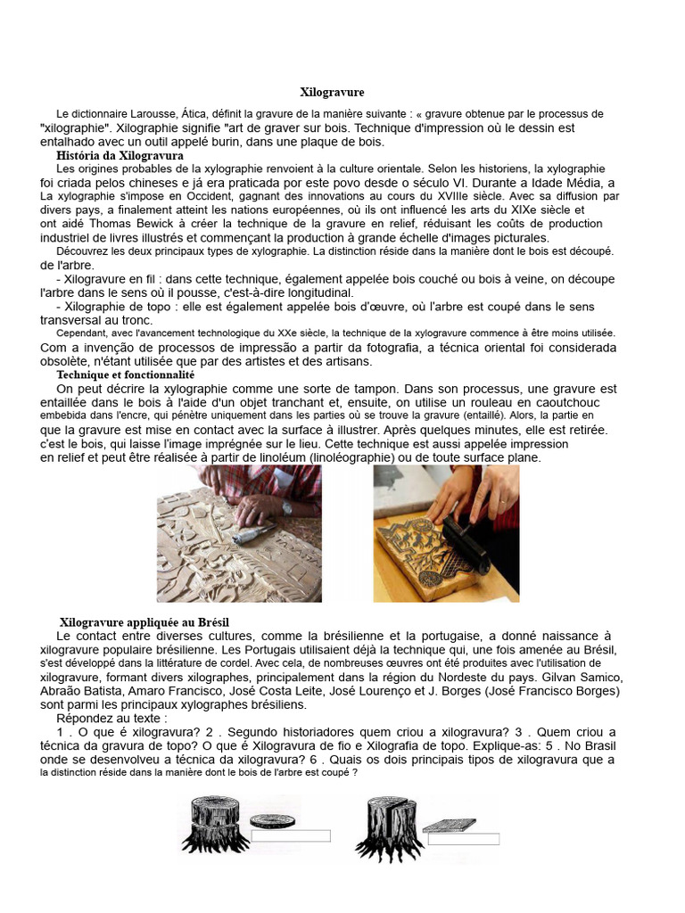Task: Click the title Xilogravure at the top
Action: pyautogui.click(x=332, y=92)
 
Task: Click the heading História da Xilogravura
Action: pyautogui.click(x=120, y=155)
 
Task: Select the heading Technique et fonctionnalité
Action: pyautogui.click(x=125, y=375)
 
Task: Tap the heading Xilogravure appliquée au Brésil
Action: pyautogui.click(x=150, y=621)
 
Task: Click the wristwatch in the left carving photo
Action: pyautogui.click(x=286, y=508)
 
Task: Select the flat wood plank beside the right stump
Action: pyautogui.click(x=448, y=826)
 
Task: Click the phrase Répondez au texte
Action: pyautogui.click(x=111, y=718)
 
